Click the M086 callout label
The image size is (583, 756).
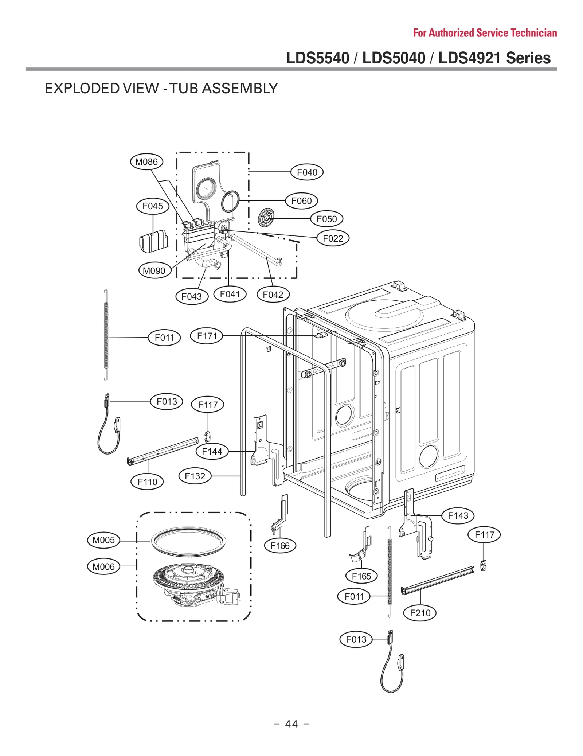point(146,161)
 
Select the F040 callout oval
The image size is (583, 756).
point(306,172)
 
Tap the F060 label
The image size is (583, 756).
point(301,200)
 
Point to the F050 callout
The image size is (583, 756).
point(326,219)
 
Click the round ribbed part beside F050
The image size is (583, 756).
point(266,218)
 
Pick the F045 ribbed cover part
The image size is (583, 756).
point(154,241)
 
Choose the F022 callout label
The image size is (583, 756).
point(333,238)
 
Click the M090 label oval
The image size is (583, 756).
point(154,271)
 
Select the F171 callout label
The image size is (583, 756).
point(207,336)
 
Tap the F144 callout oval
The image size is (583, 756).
point(212,451)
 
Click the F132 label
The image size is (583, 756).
point(195,476)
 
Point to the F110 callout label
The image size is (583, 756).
point(147,482)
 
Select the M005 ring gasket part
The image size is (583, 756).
point(188,541)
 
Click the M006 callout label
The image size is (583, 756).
point(103,566)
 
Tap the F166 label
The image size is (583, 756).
point(280,546)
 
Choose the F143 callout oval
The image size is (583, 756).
point(458,515)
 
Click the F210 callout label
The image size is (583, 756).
point(420,613)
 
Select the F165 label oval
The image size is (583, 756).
point(361,576)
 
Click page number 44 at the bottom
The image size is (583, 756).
point(291,724)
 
